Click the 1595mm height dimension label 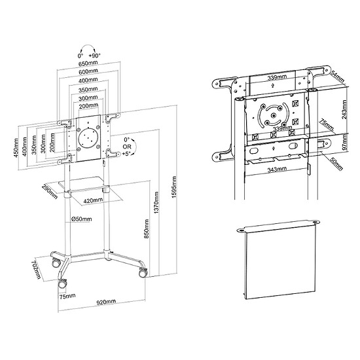pyautogui.click(x=174, y=187)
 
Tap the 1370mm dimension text pyautogui.click(x=156, y=202)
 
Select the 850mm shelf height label pyautogui.click(x=147, y=229)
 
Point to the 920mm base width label pyautogui.click(x=106, y=302)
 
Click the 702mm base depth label pyautogui.click(x=37, y=269)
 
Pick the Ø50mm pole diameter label pyautogui.click(x=82, y=219)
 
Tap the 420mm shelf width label pyautogui.click(x=93, y=200)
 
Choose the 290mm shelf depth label pyautogui.click(x=50, y=191)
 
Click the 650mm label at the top pyautogui.click(x=88, y=63)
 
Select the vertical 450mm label pyautogui.click(x=16, y=148)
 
